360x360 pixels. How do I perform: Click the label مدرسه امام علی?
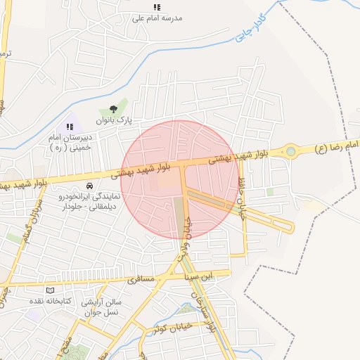(157, 18)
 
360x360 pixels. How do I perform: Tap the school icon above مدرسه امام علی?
(157, 7)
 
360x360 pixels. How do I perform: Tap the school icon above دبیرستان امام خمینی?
(69, 127)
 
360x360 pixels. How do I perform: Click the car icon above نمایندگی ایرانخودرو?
(90, 185)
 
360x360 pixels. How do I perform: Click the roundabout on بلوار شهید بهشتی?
(290, 150)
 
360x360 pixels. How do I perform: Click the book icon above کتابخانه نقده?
(49, 290)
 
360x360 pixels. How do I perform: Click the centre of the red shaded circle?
(180, 179)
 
